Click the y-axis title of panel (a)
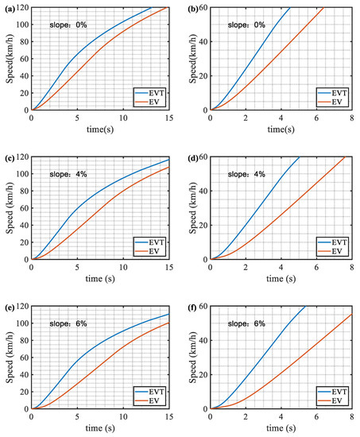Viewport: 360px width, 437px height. pyautogui.click(x=7, y=61)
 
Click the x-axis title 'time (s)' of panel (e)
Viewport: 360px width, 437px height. pyautogui.click(x=101, y=430)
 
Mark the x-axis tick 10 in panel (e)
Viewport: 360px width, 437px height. pyautogui.click(x=123, y=417)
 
